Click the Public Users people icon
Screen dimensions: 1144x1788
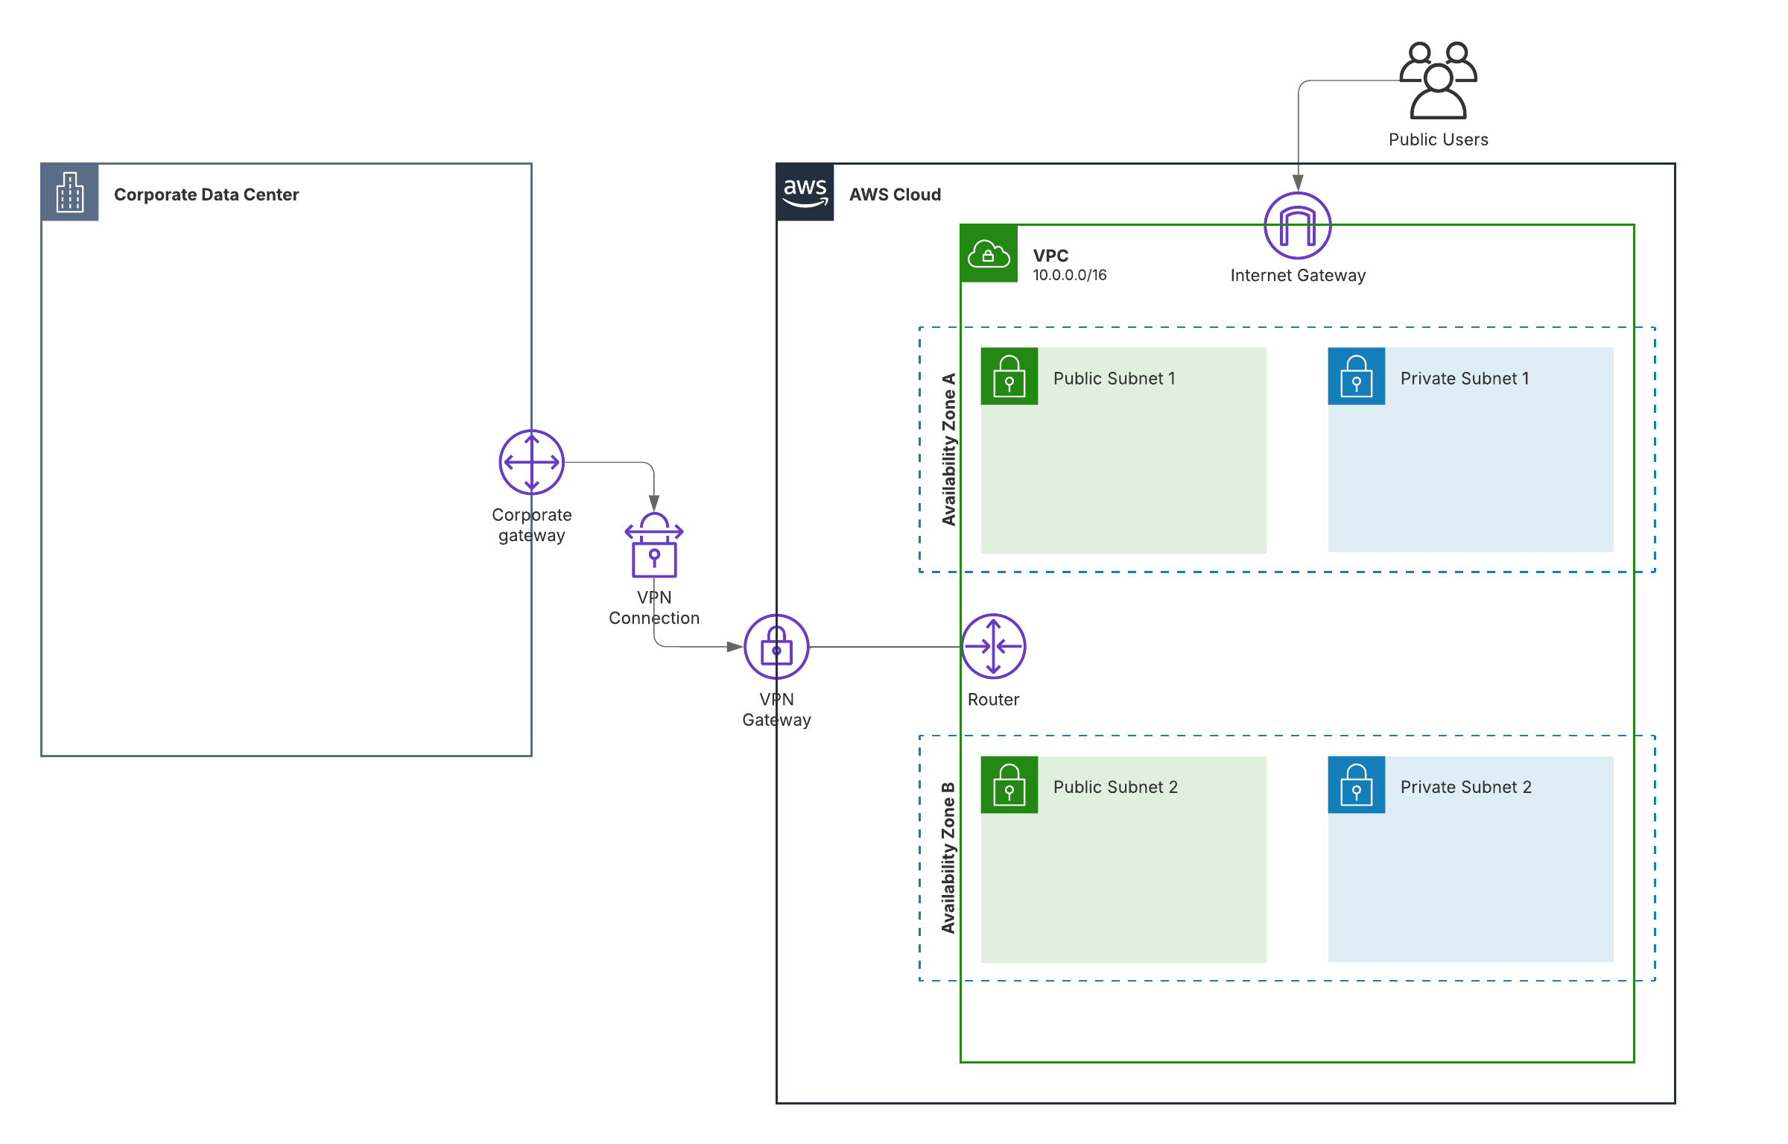tap(1438, 80)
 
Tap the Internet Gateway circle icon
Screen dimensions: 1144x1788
tap(1297, 226)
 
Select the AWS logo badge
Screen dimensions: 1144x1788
tap(805, 192)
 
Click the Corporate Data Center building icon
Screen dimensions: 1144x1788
tap(70, 192)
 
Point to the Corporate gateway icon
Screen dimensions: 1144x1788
tap(531, 462)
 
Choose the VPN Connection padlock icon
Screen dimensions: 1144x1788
tap(653, 546)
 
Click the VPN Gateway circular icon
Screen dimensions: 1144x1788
tap(776, 647)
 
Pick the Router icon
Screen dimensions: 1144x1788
tap(993, 646)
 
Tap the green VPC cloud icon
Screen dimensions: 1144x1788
tap(989, 254)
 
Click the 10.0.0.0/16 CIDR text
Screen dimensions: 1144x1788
tap(1069, 275)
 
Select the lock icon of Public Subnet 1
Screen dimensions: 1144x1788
tap(1009, 376)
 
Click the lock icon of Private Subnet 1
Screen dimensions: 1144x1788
tap(1356, 376)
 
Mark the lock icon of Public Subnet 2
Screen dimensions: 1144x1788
tap(1009, 785)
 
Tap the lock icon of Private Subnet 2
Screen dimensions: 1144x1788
tap(1356, 785)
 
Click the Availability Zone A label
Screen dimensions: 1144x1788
tap(948, 449)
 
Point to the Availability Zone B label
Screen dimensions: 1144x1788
tap(948, 858)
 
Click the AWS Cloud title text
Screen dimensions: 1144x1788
tap(895, 195)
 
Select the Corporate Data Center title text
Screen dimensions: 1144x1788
tap(206, 195)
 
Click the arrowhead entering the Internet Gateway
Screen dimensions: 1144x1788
tap(1298, 183)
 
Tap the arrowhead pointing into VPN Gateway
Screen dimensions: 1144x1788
tap(735, 647)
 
